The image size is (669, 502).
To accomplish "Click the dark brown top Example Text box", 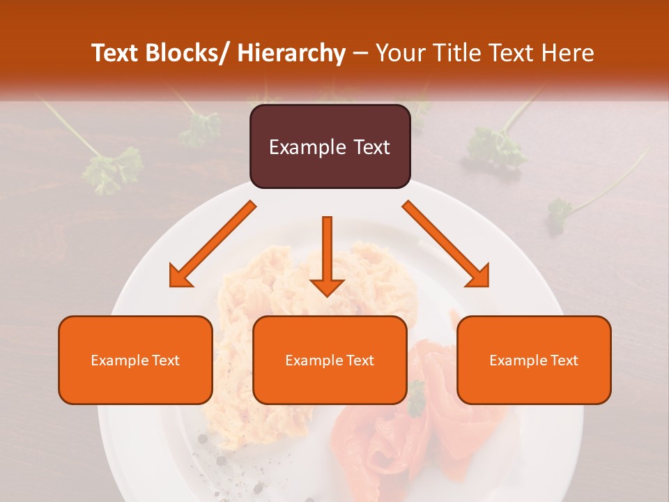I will [330, 146].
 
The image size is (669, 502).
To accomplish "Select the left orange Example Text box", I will [135, 360].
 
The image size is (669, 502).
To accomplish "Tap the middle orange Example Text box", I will [330, 360].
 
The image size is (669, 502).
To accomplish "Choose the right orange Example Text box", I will [534, 360].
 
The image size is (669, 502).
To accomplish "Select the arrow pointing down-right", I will [447, 245].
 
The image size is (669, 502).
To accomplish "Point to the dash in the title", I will [360, 53].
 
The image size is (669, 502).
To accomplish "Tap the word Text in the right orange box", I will [564, 360].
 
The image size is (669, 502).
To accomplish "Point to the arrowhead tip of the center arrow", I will [327, 296].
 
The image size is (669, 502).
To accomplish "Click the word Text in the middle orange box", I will [360, 360].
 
